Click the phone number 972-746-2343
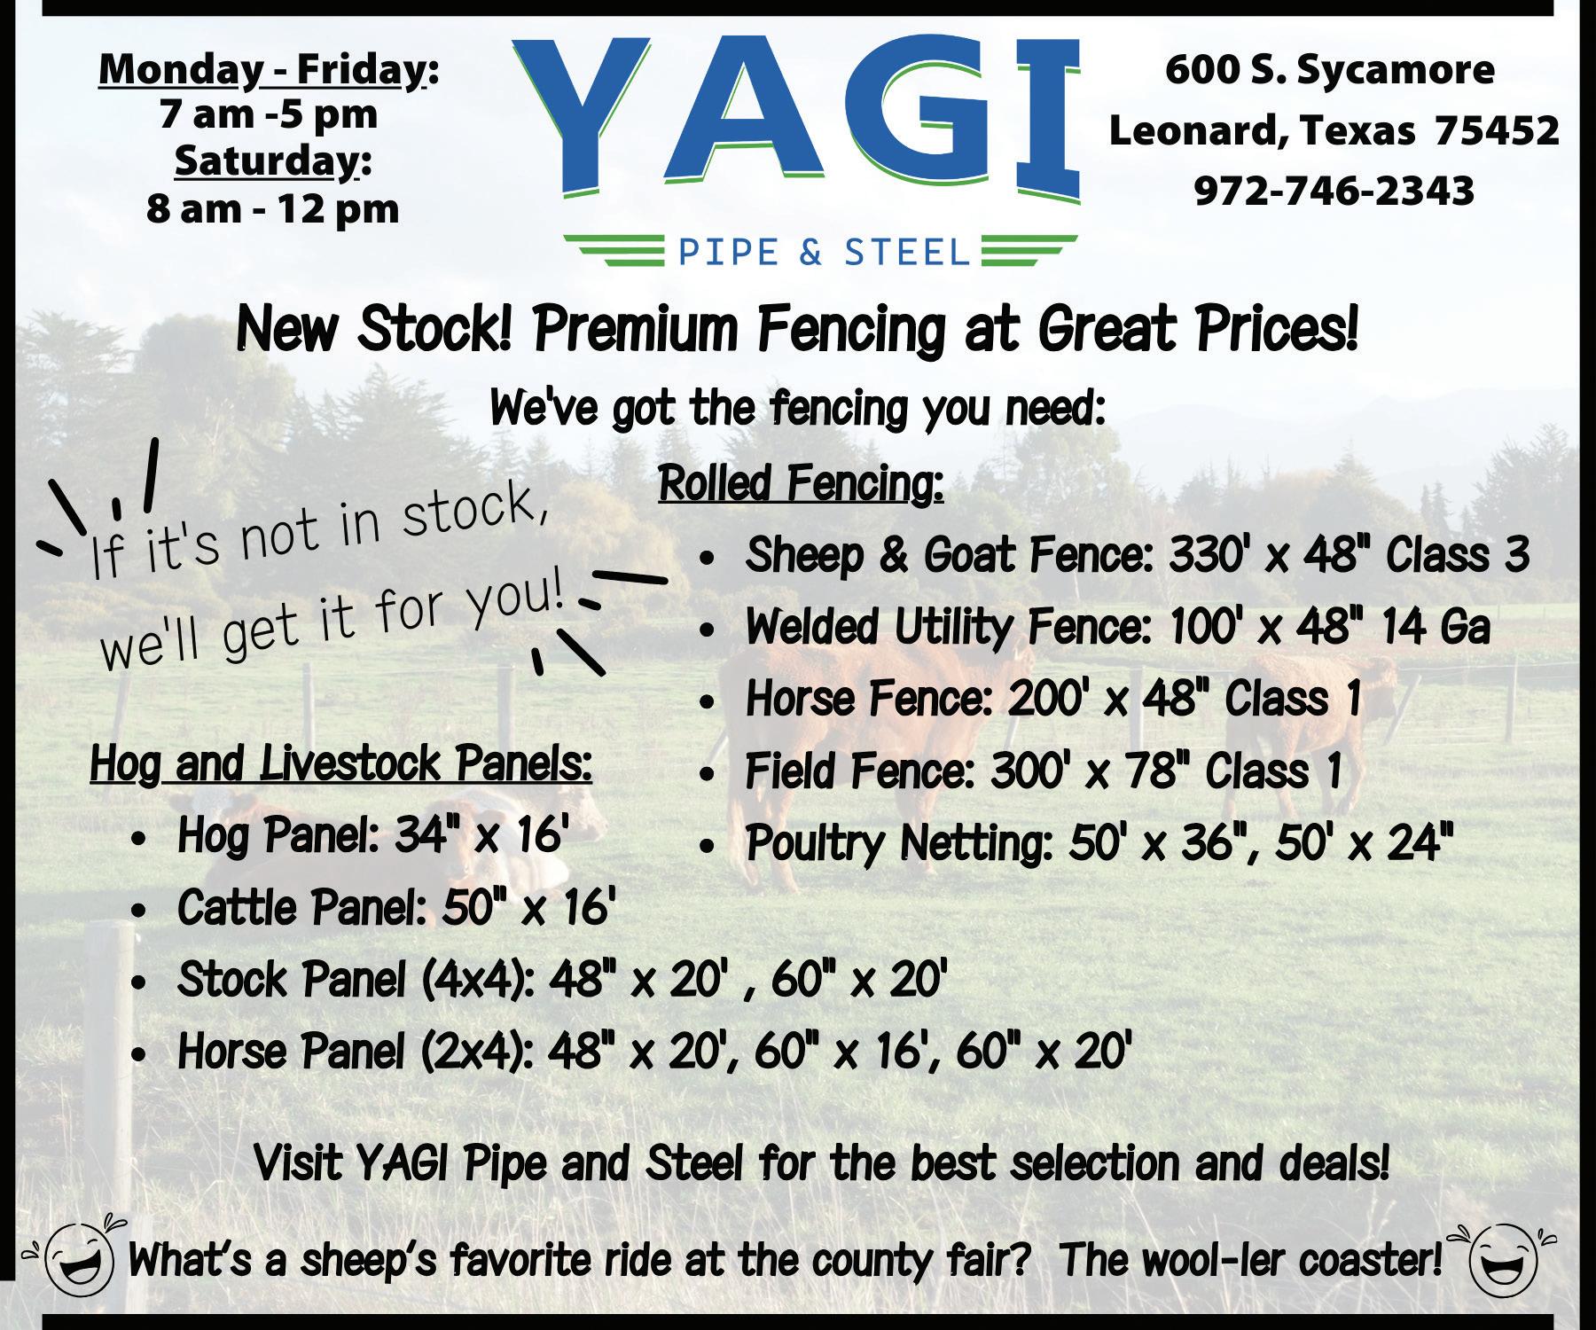pos(1334,191)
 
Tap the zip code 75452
pos(1497,130)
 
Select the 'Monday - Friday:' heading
pos(269,70)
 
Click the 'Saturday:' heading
pos(273,162)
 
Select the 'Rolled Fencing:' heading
pos(801,485)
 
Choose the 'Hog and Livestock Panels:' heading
pos(341,764)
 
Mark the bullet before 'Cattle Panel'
pos(138,911)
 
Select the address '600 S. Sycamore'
pos(1330,70)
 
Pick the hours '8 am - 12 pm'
pos(273,209)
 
